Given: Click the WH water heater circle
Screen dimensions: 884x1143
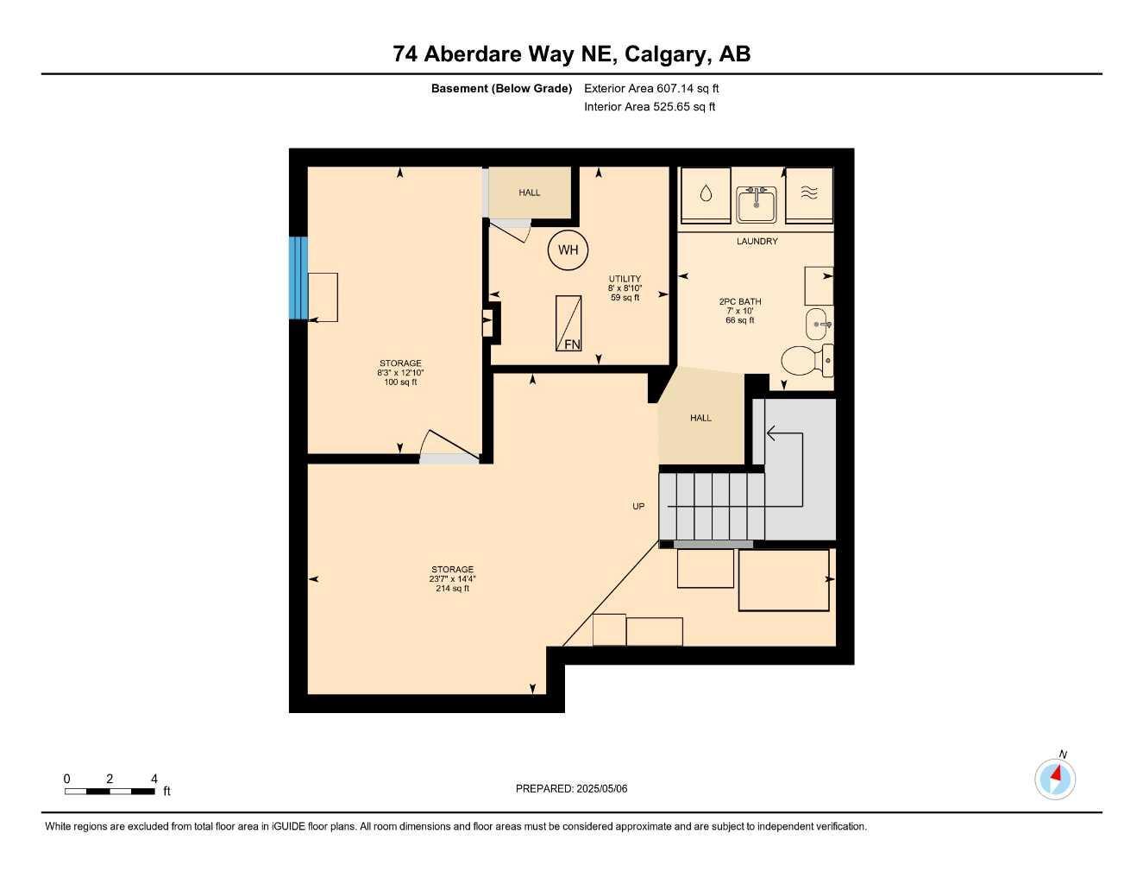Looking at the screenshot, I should pos(568,250).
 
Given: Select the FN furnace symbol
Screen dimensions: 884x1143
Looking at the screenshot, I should pos(568,323).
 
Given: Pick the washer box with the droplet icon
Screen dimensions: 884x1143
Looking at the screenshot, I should pos(706,195).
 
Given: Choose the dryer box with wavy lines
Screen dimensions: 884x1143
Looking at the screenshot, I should pos(809,195).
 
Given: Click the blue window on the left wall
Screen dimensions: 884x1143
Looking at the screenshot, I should pos(298,278).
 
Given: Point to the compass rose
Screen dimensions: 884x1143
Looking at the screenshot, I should pos(1055,779).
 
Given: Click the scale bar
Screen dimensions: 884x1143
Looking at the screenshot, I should pos(110,791).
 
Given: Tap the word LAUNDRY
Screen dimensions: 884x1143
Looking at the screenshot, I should pos(757,242).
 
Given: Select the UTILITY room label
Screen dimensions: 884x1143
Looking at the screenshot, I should pos(625,279).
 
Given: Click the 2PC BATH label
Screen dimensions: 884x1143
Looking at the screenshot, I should pos(740,302).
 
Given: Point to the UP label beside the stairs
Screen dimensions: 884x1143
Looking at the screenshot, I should pos(638,507).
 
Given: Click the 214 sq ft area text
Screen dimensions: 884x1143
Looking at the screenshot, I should pos(452,589).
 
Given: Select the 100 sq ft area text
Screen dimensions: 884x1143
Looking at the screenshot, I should pos(400,382).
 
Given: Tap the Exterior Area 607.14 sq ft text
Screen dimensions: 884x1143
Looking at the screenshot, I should pos(651,88).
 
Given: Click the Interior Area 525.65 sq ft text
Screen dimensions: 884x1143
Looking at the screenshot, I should pos(650,107).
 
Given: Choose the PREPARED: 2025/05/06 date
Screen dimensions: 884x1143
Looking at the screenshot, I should pos(571,788).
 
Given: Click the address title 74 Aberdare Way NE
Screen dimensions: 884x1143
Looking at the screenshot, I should pos(571,54).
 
